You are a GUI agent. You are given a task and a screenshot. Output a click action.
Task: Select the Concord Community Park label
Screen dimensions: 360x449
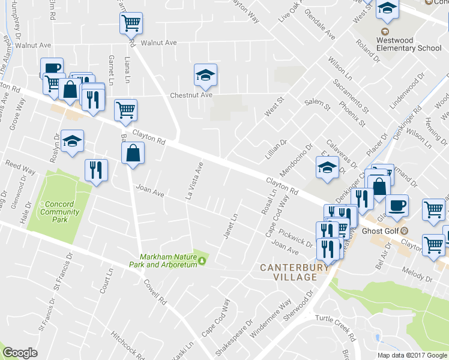[x=61, y=212]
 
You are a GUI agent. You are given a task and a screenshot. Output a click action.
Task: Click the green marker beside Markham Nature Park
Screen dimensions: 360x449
[x=202, y=260]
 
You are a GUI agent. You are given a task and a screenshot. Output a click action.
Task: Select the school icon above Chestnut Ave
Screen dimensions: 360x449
[x=205, y=75]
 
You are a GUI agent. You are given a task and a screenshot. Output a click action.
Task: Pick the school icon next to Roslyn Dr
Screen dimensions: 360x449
[x=73, y=141]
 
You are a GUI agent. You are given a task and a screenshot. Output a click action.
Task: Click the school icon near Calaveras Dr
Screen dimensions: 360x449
[x=327, y=167]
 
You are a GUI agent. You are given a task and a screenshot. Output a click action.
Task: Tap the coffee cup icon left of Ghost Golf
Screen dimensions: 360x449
[x=397, y=206]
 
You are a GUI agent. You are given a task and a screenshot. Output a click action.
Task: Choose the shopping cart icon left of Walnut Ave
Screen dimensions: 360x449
[x=131, y=23]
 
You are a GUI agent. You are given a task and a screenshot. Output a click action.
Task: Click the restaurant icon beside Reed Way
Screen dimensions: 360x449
[x=96, y=170]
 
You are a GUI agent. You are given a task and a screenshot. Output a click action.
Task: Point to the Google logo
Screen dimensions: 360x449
[x=20, y=353]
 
